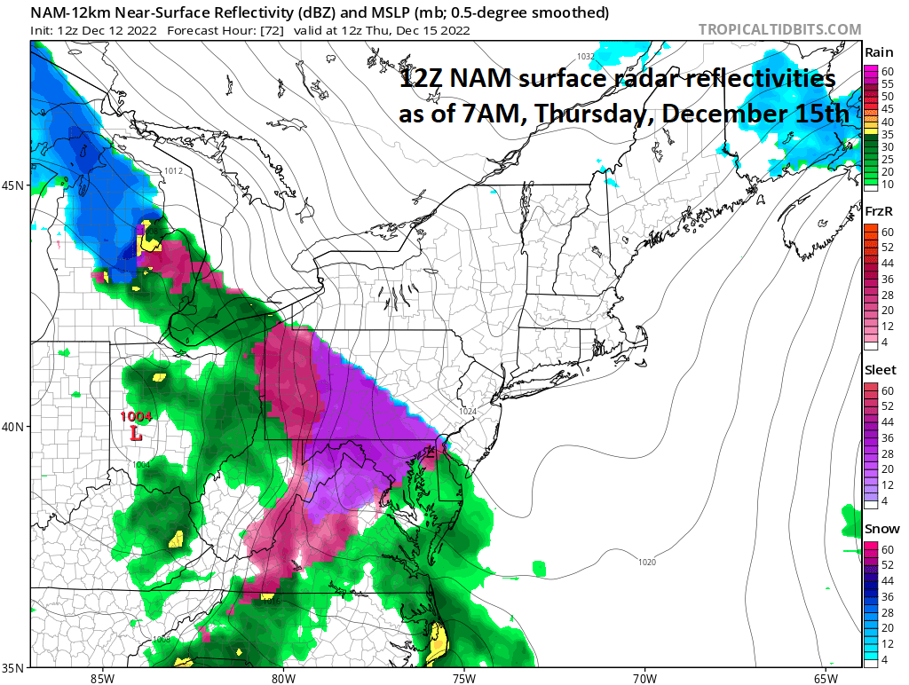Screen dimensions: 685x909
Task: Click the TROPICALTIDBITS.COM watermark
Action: (779, 29)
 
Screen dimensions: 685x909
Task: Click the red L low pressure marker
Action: (135, 435)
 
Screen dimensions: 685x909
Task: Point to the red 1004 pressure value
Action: (138, 417)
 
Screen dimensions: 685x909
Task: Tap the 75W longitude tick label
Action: (462, 678)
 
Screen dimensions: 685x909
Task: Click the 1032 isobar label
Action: (586, 56)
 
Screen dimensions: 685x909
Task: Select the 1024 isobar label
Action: (468, 411)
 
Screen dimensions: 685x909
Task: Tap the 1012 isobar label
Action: (173, 170)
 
